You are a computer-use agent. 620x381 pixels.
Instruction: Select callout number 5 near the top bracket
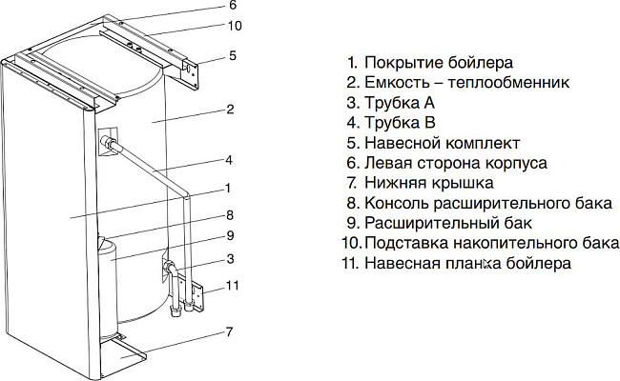click(232, 56)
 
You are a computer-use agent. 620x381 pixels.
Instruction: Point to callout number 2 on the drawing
click(231, 110)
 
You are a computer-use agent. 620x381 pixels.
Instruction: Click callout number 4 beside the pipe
click(229, 159)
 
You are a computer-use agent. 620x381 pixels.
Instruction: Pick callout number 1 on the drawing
click(230, 188)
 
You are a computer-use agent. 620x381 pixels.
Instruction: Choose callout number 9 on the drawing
click(230, 236)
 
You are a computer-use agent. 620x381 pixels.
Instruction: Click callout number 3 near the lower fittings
click(230, 259)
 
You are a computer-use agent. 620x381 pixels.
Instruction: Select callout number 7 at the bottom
click(229, 332)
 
